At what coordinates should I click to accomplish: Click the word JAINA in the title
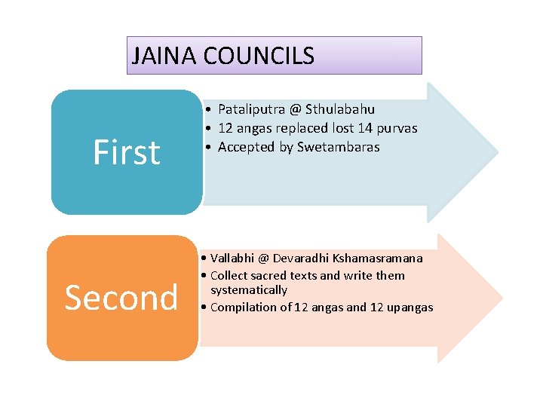[x=155, y=56]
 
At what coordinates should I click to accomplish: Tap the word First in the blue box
[x=127, y=152]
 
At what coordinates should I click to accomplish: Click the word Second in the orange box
[x=121, y=298]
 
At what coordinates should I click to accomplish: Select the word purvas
[x=397, y=128]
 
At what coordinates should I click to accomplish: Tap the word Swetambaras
[x=339, y=147]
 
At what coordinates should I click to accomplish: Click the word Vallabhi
[x=232, y=259]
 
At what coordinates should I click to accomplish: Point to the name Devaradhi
[x=301, y=259]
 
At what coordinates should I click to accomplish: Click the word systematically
[x=249, y=290]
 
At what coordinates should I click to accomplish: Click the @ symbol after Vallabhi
[x=263, y=259]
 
